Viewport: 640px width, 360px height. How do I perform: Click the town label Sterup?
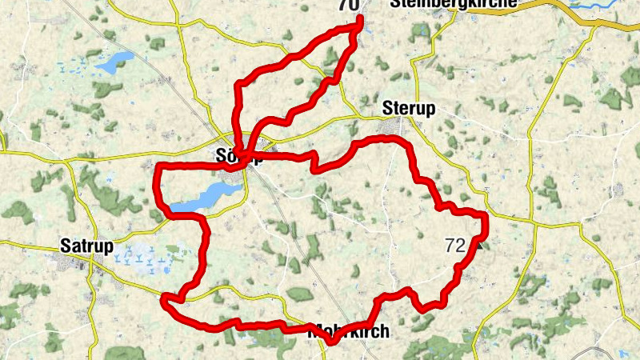click(x=409, y=109)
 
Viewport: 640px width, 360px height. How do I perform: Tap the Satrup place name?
click(x=86, y=245)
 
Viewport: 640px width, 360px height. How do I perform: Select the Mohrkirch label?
click(x=349, y=331)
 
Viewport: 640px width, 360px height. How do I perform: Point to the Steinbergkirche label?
click(x=453, y=4)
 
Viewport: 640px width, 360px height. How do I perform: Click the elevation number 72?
click(x=454, y=246)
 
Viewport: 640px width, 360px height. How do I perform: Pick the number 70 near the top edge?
click(x=348, y=6)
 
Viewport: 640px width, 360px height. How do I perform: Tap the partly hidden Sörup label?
click(x=239, y=157)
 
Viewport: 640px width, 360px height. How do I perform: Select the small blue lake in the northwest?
click(x=115, y=60)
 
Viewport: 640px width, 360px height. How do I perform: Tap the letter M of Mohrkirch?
click(x=314, y=331)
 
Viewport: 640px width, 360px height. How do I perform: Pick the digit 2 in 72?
click(x=459, y=246)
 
